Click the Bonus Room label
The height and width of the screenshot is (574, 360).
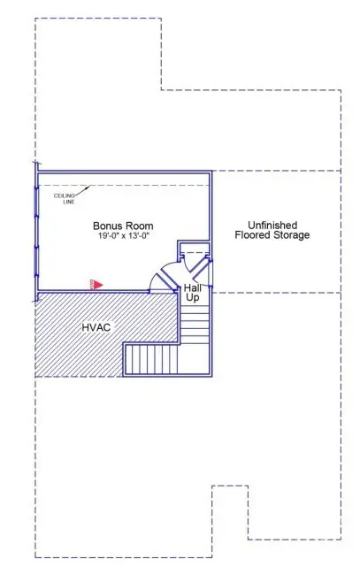click(x=123, y=226)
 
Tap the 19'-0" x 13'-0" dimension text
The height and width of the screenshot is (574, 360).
click(x=123, y=237)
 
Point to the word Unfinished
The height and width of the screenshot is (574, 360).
click(x=272, y=225)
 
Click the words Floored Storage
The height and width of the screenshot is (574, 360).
click(x=272, y=235)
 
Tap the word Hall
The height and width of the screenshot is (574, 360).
click(x=194, y=287)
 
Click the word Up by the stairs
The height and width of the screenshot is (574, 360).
click(x=192, y=298)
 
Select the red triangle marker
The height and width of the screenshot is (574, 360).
click(x=99, y=284)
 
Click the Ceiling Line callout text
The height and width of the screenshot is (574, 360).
click(x=64, y=199)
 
